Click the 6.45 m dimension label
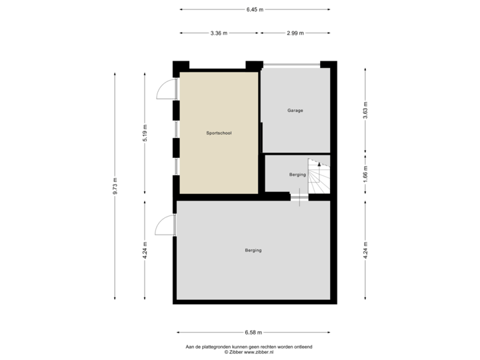pos(254,9)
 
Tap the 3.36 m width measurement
pos(218,33)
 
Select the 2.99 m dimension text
pos(295,33)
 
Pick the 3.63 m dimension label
pos(365,110)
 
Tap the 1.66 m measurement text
pos(365,173)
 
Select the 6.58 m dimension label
pos(254,331)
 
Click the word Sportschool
pos(219,133)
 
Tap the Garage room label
pos(295,111)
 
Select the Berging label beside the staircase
pos(297,175)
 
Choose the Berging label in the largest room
pos(253,251)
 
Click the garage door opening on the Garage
pos(291,64)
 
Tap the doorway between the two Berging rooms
pos(299,196)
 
